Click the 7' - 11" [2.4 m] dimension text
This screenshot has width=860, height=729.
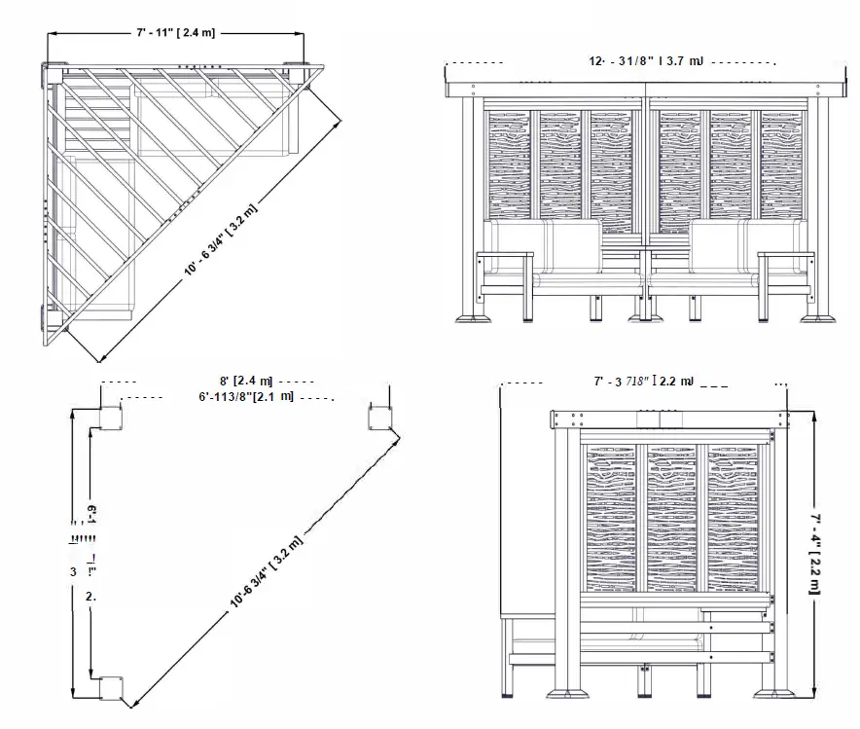tap(175, 32)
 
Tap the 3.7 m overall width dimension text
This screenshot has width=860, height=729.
tap(646, 61)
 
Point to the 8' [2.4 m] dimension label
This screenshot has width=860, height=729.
tap(245, 381)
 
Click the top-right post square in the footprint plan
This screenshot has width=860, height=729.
tap(379, 419)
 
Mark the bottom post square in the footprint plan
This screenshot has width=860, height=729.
tap(108, 688)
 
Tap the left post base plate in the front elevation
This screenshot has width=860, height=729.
tap(475, 318)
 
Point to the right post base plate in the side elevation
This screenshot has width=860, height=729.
tap(775, 694)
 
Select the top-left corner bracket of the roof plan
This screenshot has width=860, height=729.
tap(49, 72)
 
